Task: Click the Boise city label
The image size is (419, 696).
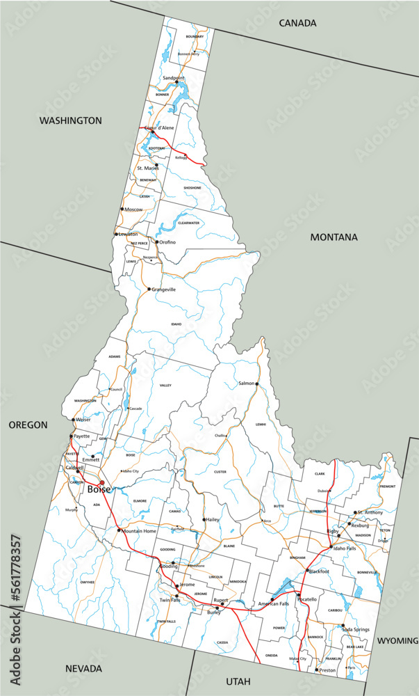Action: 98,489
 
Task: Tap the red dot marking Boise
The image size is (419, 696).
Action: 102,482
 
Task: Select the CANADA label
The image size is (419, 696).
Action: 297,23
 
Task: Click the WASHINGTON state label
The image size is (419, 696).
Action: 70,120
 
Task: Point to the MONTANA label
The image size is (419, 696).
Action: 334,237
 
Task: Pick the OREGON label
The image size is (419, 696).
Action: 28,425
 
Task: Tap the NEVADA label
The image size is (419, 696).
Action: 83,668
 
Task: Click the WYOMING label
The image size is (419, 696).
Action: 397,640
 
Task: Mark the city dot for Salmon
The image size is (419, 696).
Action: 256,384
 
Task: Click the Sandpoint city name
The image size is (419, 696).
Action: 174,77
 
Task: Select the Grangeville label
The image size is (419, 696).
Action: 164,289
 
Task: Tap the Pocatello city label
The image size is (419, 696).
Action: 308,599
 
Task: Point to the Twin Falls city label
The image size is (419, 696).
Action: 170,600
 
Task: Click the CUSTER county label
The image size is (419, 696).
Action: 220,472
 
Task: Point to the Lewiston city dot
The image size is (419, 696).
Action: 116,234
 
